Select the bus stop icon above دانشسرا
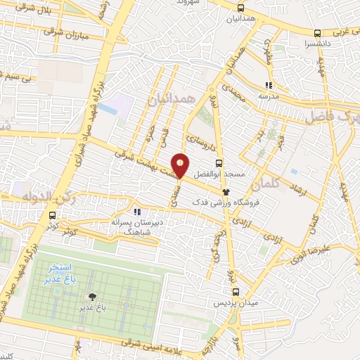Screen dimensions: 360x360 (318, 32)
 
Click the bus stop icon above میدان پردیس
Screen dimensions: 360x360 (236, 291)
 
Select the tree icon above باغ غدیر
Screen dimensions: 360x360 (91, 297)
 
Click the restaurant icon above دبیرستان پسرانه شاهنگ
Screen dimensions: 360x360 (136, 210)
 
